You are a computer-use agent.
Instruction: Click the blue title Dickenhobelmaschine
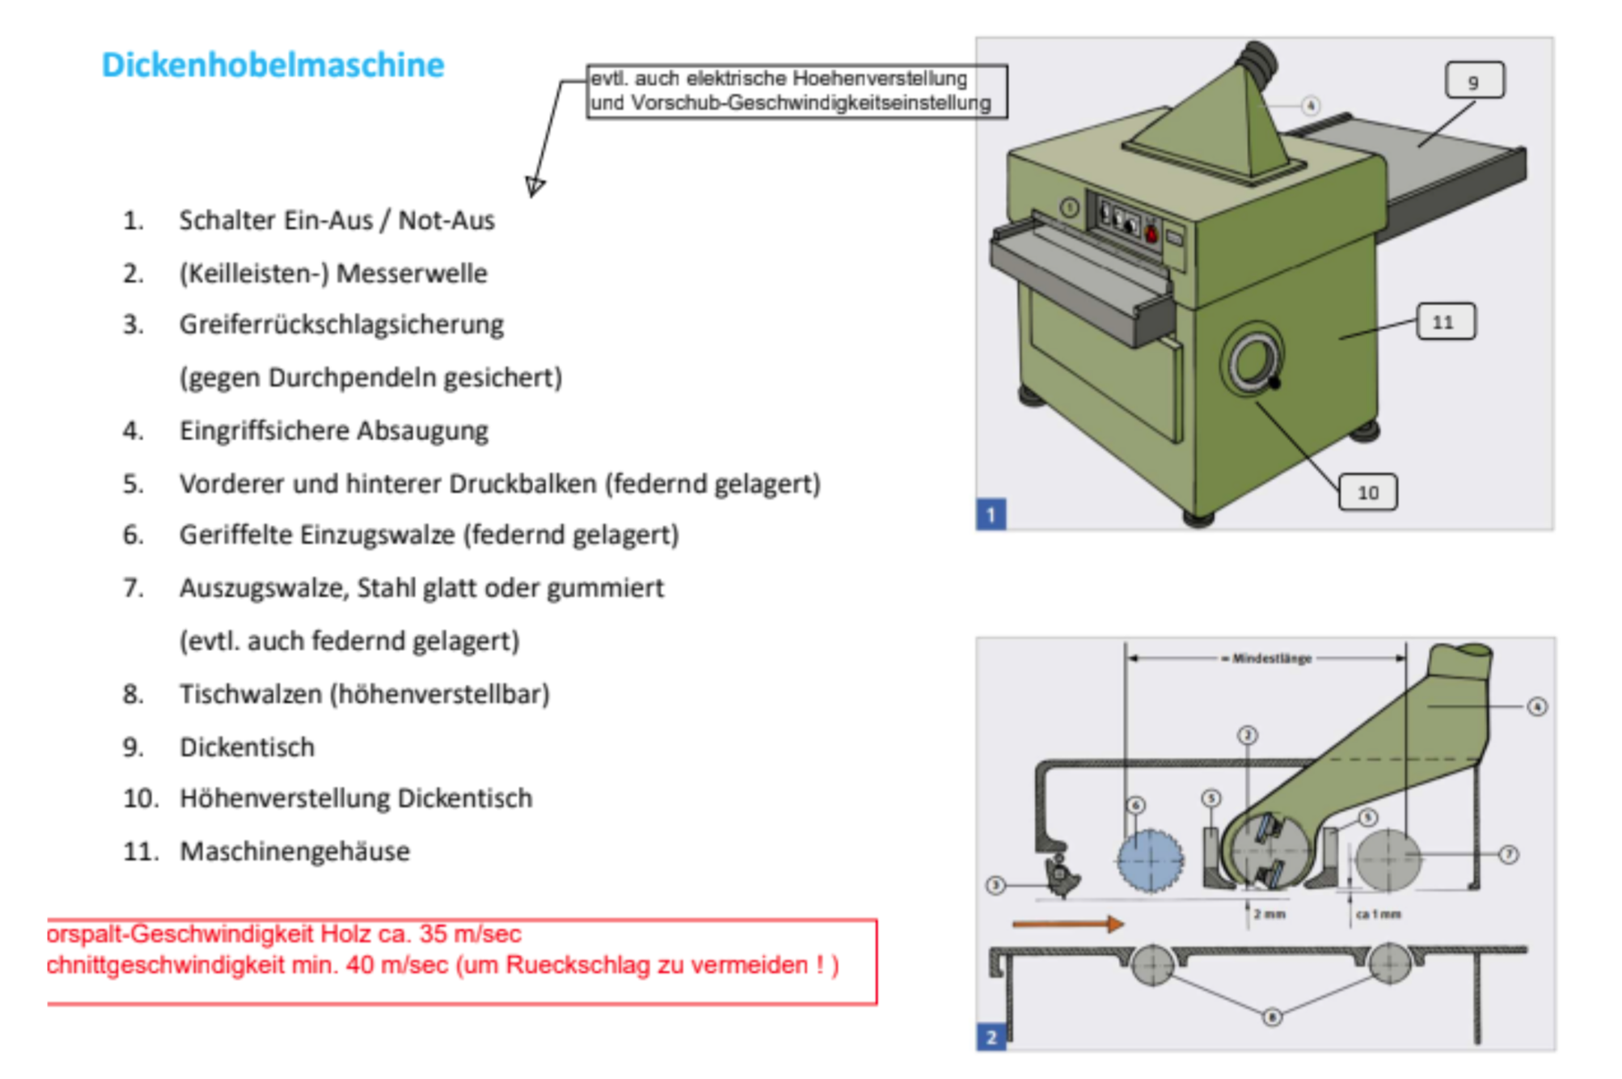272,65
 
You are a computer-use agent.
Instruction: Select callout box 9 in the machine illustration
1474,81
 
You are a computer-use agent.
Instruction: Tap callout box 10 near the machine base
1367,492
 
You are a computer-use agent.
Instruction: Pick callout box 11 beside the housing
1445,321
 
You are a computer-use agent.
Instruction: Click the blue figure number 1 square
991,514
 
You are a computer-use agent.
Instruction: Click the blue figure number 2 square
991,1036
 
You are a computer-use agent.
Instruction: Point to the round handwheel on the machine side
1252,362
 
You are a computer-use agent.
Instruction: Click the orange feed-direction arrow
1067,924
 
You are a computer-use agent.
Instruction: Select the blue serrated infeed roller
1149,861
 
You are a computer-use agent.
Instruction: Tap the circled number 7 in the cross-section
1508,854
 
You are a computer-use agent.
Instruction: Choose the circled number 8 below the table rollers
1272,1017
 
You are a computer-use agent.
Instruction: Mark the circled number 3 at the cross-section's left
995,886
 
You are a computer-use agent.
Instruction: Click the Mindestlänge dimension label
1271,658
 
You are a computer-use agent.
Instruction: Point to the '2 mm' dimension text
1269,914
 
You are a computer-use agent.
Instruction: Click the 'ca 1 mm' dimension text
1379,914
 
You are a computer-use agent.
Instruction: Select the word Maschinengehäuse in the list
294,851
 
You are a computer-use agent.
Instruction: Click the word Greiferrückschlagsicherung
341,324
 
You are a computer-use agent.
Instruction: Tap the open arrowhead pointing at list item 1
534,187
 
